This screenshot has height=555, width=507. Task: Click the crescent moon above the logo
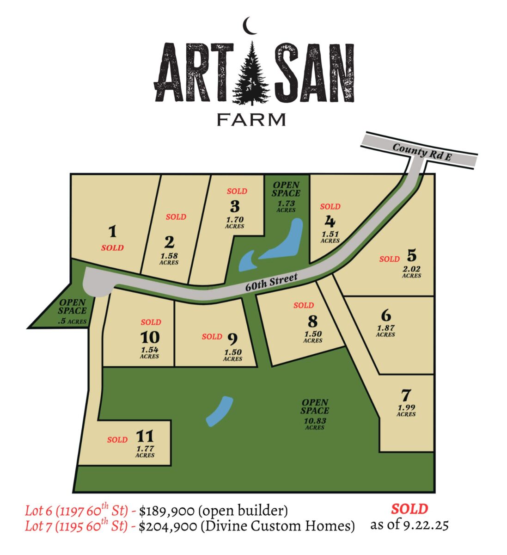(250, 26)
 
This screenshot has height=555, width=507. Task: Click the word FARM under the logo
(251, 119)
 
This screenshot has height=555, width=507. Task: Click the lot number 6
(386, 316)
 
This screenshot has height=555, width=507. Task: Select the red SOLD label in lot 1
(112, 248)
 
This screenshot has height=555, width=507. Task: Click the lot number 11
(145, 436)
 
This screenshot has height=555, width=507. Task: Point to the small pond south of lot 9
(219, 411)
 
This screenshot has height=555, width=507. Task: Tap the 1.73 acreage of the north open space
(286, 203)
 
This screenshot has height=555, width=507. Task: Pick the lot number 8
(313, 321)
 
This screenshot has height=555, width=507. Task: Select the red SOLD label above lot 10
(151, 322)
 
